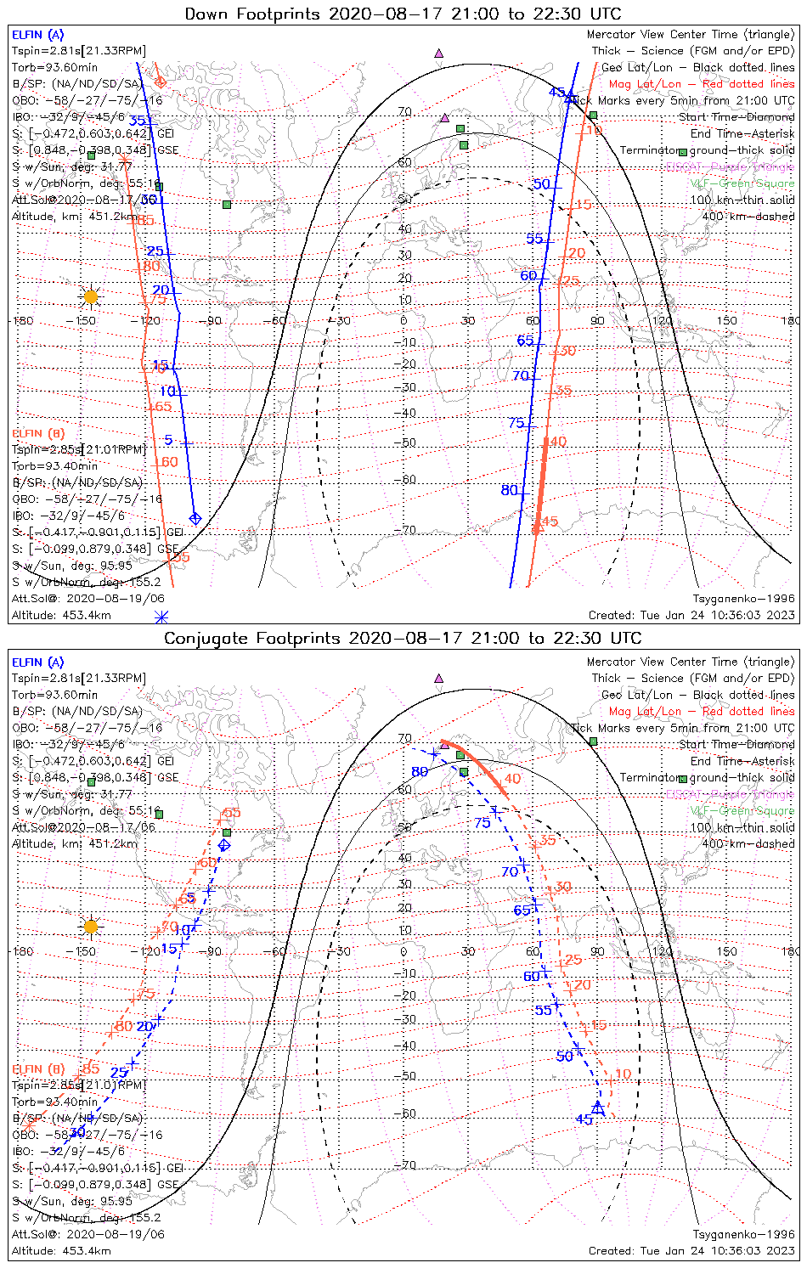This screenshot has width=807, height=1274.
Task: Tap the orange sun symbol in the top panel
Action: point(91,296)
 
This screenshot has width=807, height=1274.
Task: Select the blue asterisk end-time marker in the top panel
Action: point(161,617)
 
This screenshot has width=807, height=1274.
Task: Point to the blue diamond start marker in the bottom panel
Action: point(224,845)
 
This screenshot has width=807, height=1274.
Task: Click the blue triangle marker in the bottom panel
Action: point(598,1108)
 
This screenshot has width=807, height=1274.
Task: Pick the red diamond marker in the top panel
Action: point(160,82)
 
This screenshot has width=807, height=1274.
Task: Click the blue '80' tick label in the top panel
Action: point(509,490)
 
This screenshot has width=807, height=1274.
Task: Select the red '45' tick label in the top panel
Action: point(550,521)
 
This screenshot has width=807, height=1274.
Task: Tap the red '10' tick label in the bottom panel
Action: point(623,1074)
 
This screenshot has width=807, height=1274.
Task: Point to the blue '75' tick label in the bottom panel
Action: point(483,822)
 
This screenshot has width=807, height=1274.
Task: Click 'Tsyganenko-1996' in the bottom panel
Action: point(743,1234)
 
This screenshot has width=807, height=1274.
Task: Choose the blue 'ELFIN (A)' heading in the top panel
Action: point(37,35)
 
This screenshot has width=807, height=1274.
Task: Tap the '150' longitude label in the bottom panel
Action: point(726,951)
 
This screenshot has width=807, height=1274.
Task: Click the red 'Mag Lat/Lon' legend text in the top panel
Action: point(646,84)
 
